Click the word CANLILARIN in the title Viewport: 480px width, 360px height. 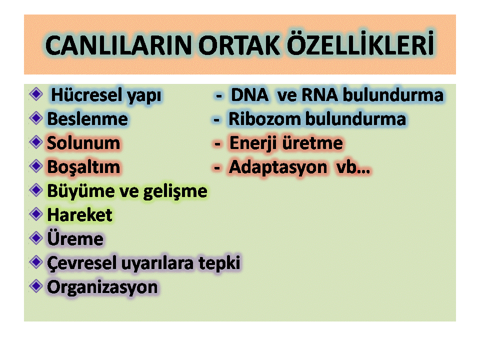pos(118,45)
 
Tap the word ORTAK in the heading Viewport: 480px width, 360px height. pos(239,45)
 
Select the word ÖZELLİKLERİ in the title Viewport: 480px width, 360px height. pos(360,43)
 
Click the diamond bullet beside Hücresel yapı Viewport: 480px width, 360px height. pos(36,93)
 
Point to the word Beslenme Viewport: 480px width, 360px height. pos(87,119)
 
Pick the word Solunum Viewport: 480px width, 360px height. pos(83,143)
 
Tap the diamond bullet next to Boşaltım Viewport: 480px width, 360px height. pos(36,166)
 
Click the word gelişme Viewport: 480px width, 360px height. pos(175,192)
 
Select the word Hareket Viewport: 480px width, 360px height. pos(80,215)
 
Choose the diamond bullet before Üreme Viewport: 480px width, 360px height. pos(36,238)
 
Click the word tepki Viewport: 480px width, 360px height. pos(219,263)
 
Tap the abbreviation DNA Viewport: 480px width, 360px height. pos(249,95)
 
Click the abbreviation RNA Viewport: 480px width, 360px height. pos(320,95)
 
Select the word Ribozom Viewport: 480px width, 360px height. pos(265,119)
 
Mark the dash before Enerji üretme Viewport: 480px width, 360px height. pos(217,143)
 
